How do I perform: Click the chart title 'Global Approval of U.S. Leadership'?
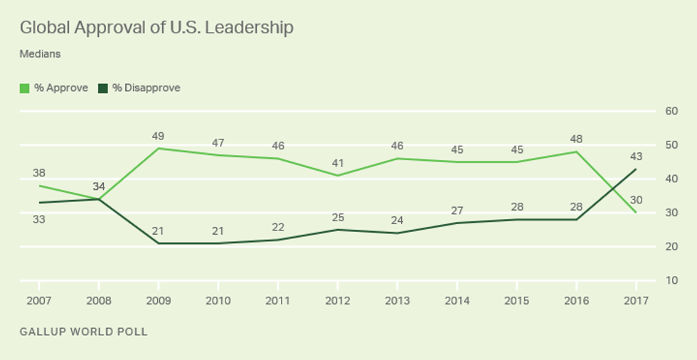(156, 28)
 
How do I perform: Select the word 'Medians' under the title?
(40, 53)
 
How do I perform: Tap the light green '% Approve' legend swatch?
(24, 88)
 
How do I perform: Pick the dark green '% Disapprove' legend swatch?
(103, 88)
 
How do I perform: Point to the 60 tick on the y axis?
(671, 111)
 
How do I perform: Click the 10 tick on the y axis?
(671, 280)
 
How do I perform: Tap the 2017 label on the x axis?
(636, 300)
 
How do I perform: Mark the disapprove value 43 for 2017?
(636, 157)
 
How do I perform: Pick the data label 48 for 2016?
(576, 139)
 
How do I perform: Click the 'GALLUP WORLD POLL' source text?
(84, 332)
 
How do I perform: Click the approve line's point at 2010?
(218, 155)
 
